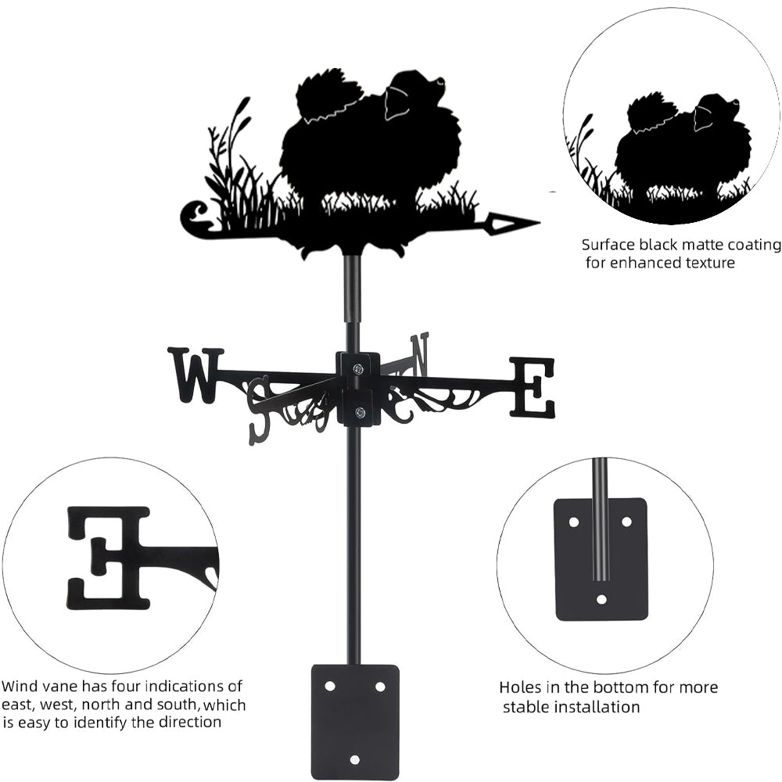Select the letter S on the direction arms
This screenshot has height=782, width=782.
point(260,409)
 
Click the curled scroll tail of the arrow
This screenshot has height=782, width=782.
point(194,218)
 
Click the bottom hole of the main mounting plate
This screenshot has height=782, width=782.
point(354,759)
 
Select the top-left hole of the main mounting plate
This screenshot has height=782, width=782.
point(330,686)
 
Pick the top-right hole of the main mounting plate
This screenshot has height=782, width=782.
point(380,686)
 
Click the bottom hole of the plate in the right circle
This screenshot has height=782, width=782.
point(601,600)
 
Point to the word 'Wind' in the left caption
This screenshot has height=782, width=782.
point(20,687)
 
